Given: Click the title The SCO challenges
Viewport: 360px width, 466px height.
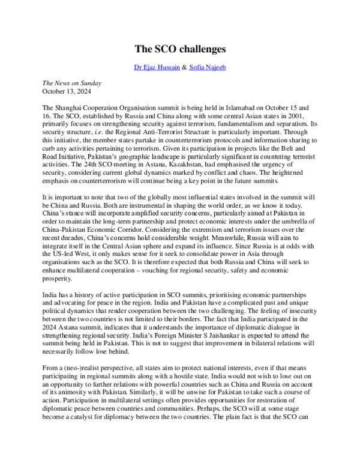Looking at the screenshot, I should click(179, 48).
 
